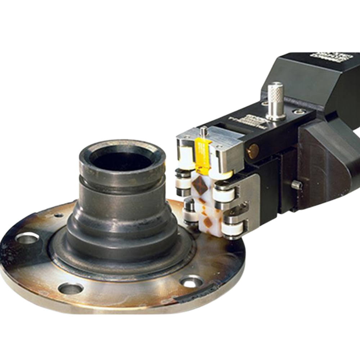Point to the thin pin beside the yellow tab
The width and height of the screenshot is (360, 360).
(204, 132)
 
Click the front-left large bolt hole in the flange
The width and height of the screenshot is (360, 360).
(71, 287)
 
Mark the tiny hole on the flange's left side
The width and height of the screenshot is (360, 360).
(58, 216)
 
